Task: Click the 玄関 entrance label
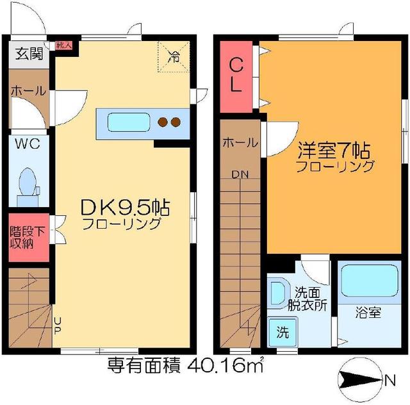[x=26, y=53]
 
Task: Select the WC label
[x=28, y=144]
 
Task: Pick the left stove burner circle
[x=163, y=122]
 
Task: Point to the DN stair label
[x=240, y=174]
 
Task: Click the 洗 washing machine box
[x=282, y=333]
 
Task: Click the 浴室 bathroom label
[x=368, y=313]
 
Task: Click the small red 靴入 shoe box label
[x=63, y=45]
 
